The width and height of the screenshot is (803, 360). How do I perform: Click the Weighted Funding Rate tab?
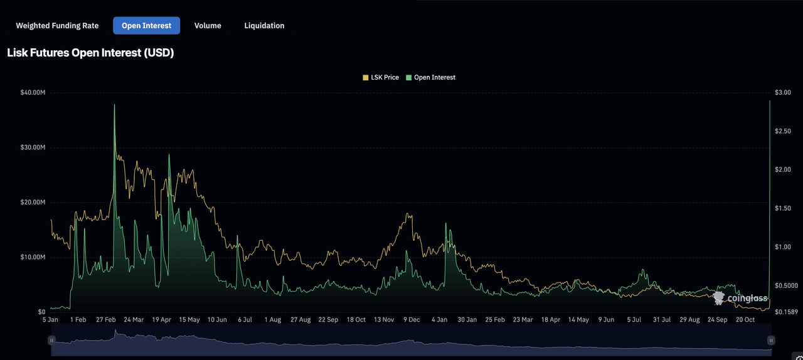57,26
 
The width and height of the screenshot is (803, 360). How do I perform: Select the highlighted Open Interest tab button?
146,26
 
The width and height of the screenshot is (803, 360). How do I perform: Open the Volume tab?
208,26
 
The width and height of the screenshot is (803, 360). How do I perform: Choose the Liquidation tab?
264,26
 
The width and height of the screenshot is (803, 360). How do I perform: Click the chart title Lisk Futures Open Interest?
90,53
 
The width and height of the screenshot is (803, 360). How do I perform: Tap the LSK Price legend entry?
381,77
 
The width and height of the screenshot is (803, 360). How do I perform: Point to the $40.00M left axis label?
33,93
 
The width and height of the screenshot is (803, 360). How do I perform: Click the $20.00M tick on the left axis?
33,203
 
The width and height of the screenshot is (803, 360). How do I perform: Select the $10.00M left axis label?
33,257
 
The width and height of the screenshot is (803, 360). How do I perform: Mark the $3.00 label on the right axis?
782,93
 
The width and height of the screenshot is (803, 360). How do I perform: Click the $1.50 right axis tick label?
782,208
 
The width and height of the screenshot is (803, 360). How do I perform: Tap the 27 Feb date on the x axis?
106,320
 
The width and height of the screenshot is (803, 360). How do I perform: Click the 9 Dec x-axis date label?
412,320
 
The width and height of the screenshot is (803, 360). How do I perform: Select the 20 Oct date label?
745,320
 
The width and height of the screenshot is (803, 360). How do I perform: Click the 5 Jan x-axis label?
50,320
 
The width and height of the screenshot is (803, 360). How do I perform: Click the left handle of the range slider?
51,340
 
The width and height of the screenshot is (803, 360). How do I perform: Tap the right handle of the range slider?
771,340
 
